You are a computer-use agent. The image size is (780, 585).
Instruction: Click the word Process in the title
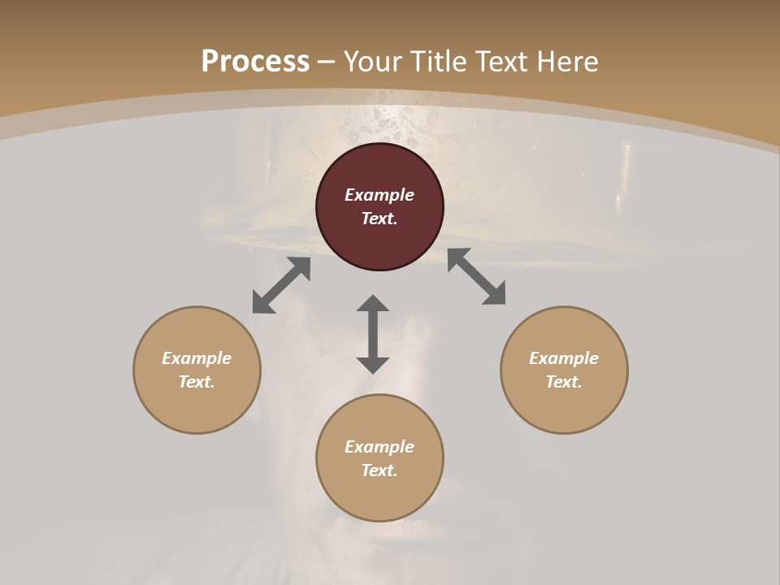[x=255, y=62]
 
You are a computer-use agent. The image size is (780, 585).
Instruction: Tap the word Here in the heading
[x=565, y=62]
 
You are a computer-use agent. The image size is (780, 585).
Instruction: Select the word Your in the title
[x=375, y=62]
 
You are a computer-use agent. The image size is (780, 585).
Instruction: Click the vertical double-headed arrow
[x=373, y=334]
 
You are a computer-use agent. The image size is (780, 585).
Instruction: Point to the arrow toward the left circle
[x=281, y=285]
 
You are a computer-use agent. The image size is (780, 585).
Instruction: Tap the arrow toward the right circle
[x=476, y=276]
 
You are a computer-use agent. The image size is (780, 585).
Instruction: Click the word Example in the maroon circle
[x=379, y=195]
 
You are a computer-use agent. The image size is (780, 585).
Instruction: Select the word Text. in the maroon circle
[x=379, y=219]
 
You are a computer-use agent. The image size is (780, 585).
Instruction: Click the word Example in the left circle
[x=197, y=358]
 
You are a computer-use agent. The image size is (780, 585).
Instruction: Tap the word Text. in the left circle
[x=197, y=382]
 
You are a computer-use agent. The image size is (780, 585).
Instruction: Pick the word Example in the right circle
[x=564, y=358]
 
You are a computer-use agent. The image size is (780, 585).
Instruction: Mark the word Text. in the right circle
[x=564, y=382]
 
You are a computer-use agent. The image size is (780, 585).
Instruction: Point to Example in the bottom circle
[x=379, y=447]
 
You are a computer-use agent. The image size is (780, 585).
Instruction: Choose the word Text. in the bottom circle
[x=379, y=470]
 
